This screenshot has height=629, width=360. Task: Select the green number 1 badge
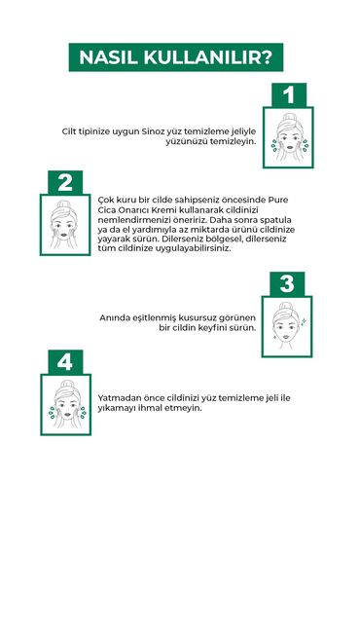[x=289, y=95]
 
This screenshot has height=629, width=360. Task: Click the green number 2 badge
[x=65, y=182]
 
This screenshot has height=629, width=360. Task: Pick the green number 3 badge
[x=287, y=284]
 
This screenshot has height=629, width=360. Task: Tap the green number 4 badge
[x=65, y=362]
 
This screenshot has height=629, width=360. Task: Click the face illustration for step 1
[x=289, y=137]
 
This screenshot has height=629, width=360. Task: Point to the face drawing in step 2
[x=64, y=225]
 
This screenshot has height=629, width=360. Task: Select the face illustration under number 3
[x=285, y=326]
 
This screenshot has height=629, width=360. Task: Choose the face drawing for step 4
[x=67, y=404]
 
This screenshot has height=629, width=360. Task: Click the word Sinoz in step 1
[x=153, y=131]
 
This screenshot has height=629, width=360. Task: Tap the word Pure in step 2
[x=278, y=200]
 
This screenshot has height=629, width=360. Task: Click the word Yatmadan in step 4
[x=116, y=398]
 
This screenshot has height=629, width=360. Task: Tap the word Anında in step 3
[x=113, y=317]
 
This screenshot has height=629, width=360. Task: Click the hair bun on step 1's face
[x=289, y=117]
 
